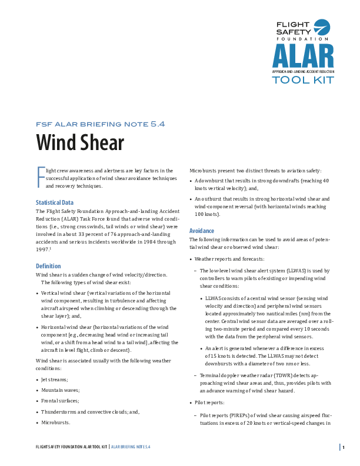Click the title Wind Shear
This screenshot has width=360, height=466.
click(x=80, y=142)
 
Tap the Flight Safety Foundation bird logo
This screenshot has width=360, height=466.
click(x=322, y=28)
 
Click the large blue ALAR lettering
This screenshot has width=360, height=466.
click(x=303, y=56)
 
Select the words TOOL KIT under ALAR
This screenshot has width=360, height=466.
click(x=303, y=79)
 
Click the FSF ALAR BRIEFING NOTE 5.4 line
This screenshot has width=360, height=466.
click(x=101, y=124)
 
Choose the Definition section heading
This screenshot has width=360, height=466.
click(x=48, y=266)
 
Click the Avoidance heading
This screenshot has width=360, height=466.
click(x=202, y=231)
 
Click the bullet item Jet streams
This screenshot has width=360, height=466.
click(x=55, y=380)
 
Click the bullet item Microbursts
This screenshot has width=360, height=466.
click(x=56, y=422)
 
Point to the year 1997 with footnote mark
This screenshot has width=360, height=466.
click(x=43, y=249)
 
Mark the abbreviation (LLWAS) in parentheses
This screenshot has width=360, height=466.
click(x=279, y=271)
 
